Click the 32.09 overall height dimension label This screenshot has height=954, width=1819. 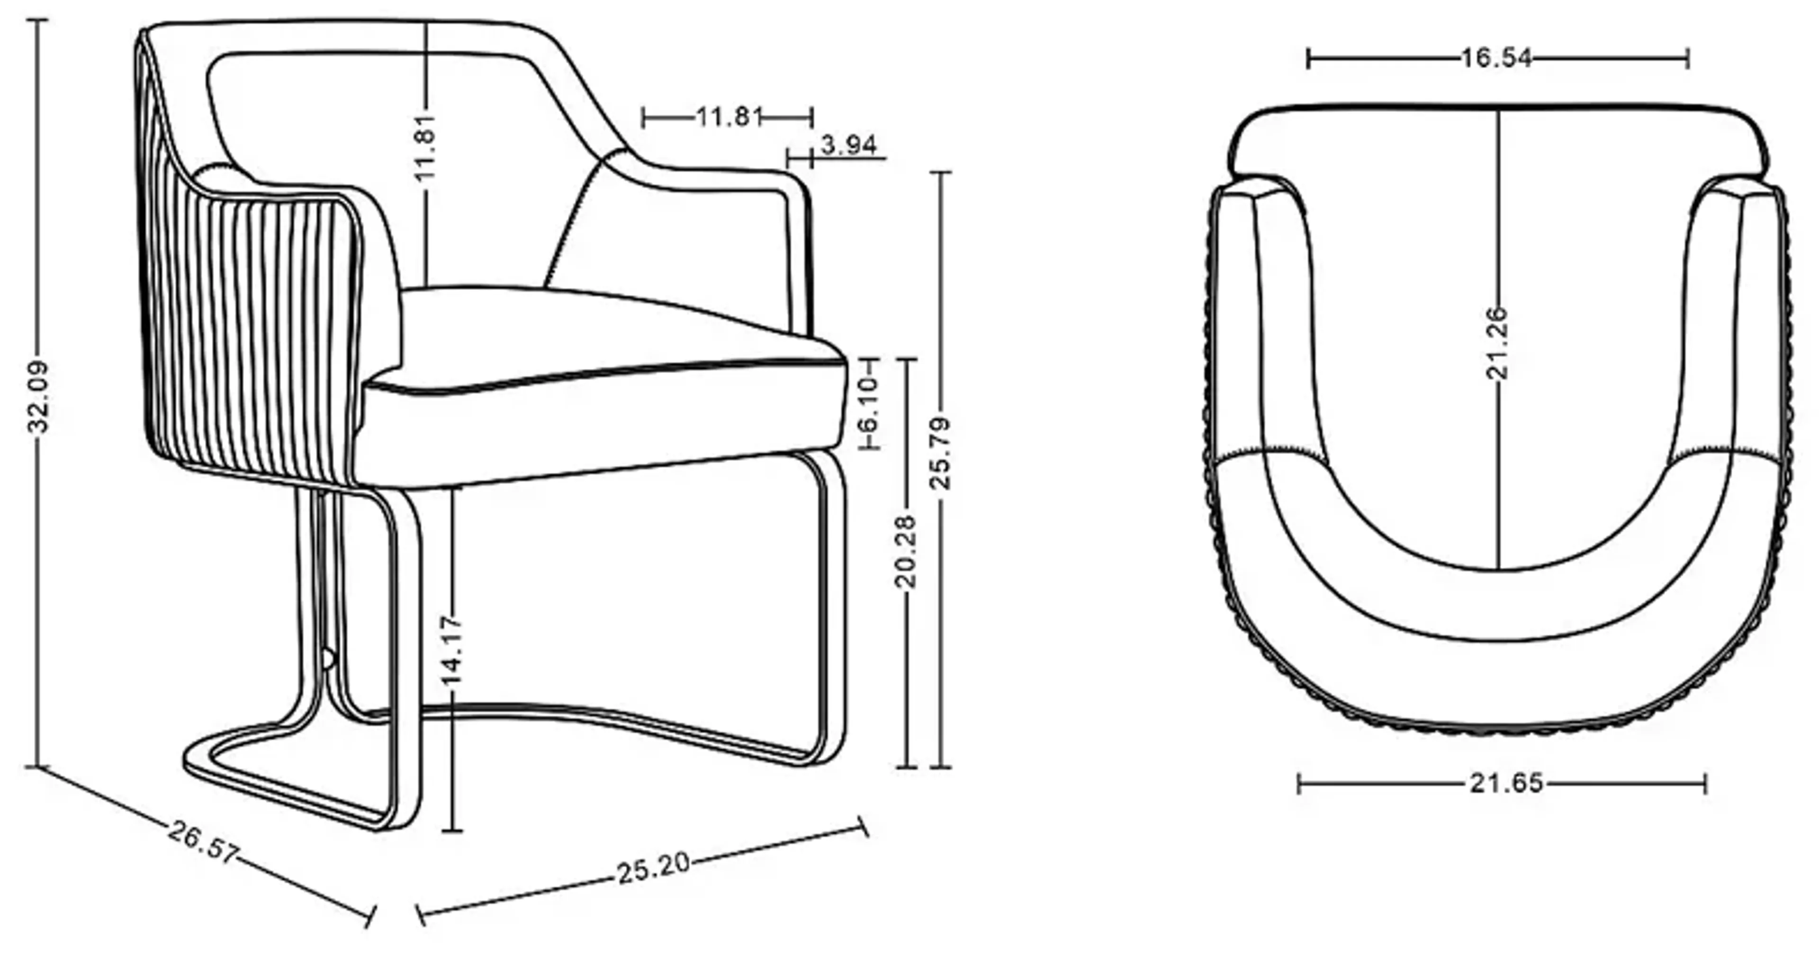37,397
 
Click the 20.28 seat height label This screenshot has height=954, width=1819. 905,551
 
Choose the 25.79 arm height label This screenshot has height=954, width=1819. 941,453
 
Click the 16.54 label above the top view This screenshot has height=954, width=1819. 1496,58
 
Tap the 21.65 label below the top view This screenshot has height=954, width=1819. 1506,783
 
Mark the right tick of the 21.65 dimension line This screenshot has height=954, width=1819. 1705,783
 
